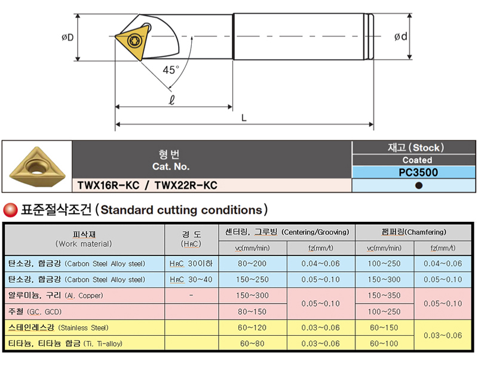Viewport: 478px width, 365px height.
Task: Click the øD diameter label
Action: (x=68, y=38)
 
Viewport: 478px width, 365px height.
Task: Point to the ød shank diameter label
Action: (x=400, y=36)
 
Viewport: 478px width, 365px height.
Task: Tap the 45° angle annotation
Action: (x=171, y=70)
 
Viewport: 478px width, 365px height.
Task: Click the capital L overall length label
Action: (x=244, y=117)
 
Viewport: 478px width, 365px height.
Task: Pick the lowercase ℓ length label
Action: (x=172, y=100)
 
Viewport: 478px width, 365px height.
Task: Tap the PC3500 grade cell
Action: (x=418, y=172)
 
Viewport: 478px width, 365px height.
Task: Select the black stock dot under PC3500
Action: (x=419, y=185)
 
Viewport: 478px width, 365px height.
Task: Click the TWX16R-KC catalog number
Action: (x=108, y=185)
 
